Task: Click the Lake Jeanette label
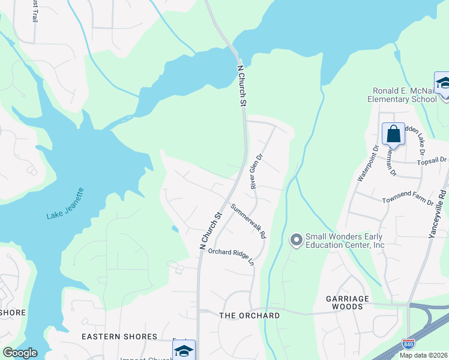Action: point(65,204)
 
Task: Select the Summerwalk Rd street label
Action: point(248,223)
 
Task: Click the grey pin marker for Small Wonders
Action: point(296,241)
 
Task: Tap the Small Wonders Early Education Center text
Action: point(345,241)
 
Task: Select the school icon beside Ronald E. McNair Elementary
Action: point(442,83)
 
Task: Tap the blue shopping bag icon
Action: point(393,134)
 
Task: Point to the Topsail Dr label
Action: point(432,160)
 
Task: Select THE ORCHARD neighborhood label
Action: point(250,316)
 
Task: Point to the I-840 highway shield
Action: point(408,344)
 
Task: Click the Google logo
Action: point(20,353)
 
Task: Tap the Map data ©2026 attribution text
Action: point(423,355)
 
